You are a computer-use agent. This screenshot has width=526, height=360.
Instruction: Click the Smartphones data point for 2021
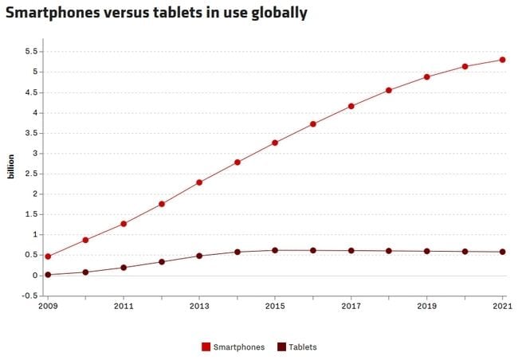tap(503, 60)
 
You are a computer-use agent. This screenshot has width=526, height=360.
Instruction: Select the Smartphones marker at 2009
tap(48, 256)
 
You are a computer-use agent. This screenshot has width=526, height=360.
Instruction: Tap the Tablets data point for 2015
tap(275, 250)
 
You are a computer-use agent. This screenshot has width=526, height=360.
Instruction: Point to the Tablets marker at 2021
tap(503, 252)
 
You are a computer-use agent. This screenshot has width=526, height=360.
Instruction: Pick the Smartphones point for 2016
tap(313, 123)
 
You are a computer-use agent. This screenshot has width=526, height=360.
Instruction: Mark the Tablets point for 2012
tap(161, 261)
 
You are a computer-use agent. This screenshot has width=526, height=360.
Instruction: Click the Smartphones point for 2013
tap(199, 182)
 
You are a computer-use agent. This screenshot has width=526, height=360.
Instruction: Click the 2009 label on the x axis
tap(47, 306)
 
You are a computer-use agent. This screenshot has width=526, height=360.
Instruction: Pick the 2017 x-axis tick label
tap(351, 306)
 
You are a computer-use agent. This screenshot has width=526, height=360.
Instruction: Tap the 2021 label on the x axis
tap(503, 306)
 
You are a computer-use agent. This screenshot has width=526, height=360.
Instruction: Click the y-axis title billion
tap(11, 164)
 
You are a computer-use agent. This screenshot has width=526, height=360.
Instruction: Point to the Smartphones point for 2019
tap(427, 76)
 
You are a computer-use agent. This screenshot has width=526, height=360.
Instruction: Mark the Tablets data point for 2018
tap(389, 251)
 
